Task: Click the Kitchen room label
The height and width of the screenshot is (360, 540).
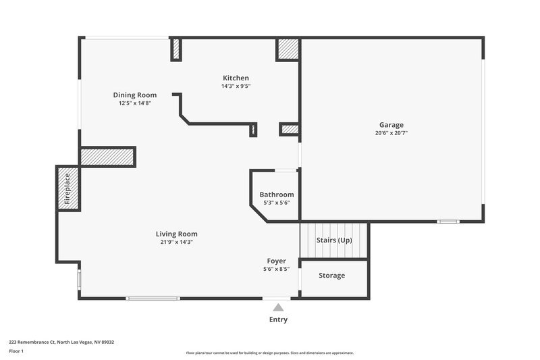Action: pyautogui.click(x=236, y=78)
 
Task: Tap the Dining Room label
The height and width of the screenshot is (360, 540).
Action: pyautogui.click(x=134, y=95)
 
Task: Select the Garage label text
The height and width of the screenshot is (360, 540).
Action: pyautogui.click(x=391, y=125)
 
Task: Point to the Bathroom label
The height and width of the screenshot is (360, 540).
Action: pyautogui.click(x=277, y=195)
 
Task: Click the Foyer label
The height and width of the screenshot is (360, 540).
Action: pyautogui.click(x=276, y=261)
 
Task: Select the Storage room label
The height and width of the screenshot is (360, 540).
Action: pyautogui.click(x=331, y=276)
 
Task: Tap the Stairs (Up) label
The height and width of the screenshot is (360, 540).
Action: pyautogui.click(x=334, y=240)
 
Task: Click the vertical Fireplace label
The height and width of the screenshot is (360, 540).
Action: pyautogui.click(x=67, y=189)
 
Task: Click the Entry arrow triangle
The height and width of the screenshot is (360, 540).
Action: pyautogui.click(x=278, y=307)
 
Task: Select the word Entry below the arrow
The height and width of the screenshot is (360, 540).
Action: pyautogui.click(x=278, y=319)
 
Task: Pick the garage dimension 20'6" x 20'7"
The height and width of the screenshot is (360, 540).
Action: pyautogui.click(x=391, y=133)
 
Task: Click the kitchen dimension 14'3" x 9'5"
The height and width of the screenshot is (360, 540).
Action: pyautogui.click(x=236, y=86)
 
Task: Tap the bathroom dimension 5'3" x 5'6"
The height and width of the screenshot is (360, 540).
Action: pyautogui.click(x=277, y=203)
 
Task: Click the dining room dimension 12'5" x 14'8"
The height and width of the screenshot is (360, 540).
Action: pyautogui.click(x=134, y=103)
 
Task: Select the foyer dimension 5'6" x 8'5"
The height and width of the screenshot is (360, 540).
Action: pyautogui.click(x=276, y=269)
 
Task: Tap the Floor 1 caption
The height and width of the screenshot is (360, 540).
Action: pyautogui.click(x=17, y=352)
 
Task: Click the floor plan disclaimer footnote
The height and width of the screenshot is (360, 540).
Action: pyautogui.click(x=269, y=353)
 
